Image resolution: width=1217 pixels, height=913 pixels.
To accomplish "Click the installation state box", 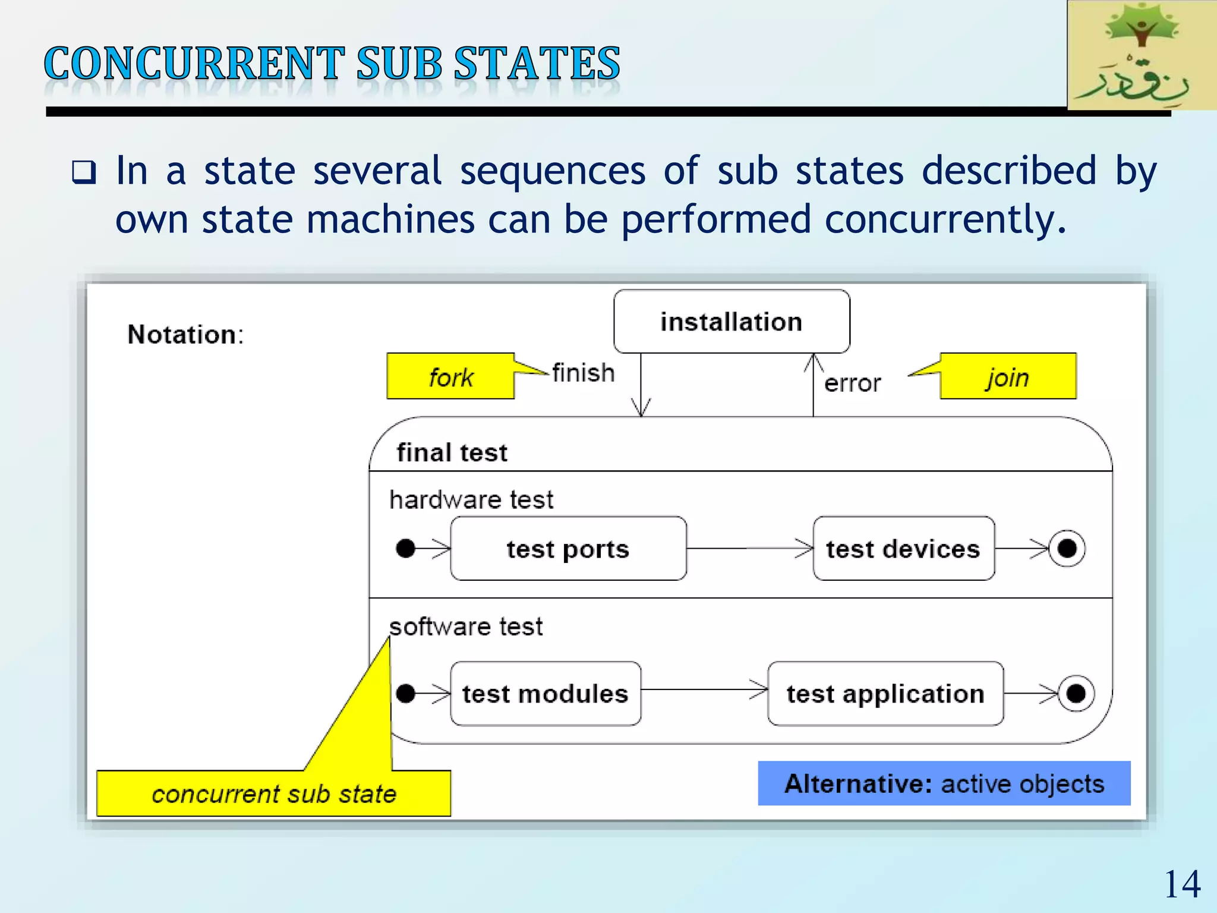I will tap(732, 322).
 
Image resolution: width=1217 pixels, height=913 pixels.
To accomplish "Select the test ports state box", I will tap(568, 549).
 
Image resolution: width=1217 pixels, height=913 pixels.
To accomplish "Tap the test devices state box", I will tap(903, 549).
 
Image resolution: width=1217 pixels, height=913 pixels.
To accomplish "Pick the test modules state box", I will tap(546, 694).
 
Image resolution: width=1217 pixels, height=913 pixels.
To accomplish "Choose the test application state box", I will tap(885, 694).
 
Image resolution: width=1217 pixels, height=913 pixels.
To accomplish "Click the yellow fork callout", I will tap(450, 377).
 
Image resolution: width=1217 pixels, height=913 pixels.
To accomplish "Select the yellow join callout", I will tap(1008, 377).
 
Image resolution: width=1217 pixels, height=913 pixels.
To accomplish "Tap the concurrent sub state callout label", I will tap(273, 794).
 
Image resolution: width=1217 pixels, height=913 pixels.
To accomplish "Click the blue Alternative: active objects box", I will tap(944, 783).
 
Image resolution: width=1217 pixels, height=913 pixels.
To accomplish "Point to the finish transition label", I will tap(583, 373).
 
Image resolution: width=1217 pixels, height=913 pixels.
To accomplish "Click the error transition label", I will tap(852, 383).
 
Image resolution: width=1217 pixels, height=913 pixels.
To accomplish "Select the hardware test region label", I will tap(471, 499).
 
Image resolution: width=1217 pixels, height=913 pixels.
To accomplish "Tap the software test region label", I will tap(466, 626).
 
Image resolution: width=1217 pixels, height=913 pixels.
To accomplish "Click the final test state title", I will tap(452, 453).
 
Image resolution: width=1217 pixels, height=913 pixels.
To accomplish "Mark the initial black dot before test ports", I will tap(405, 548).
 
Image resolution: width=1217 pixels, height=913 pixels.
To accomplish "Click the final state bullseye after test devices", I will tap(1067, 548).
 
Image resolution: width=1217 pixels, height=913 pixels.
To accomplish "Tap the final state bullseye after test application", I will tap(1076, 693).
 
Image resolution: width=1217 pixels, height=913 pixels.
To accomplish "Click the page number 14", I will tap(1182, 884).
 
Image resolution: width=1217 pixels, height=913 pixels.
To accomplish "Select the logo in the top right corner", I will tap(1142, 55).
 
